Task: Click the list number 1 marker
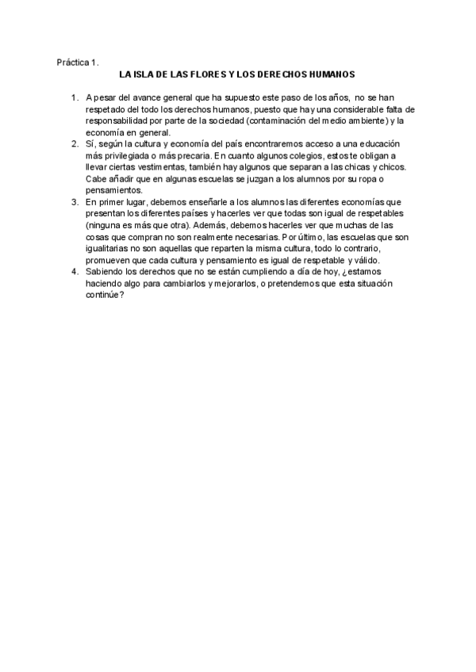74,97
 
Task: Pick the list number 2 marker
74,143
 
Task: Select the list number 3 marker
74,202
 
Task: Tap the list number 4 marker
74,272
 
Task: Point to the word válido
365,260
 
